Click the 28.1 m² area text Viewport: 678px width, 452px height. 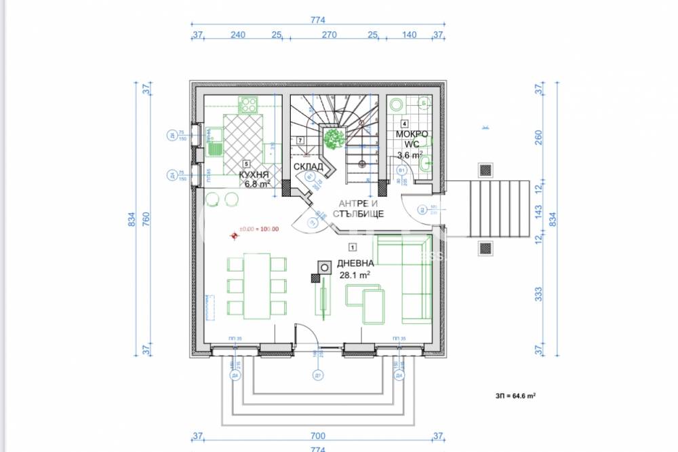pyautogui.click(x=355, y=276)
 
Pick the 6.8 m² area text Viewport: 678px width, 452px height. pyautogui.click(x=257, y=183)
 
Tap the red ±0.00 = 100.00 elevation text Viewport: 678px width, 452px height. pyautogui.click(x=258, y=229)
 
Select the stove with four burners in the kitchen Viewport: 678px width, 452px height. pyautogui.click(x=247, y=105)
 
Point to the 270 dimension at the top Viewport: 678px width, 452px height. pyautogui.click(x=328, y=35)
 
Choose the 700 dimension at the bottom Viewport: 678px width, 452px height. pyautogui.click(x=318, y=436)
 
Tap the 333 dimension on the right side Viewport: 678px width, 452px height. pyautogui.click(x=539, y=293)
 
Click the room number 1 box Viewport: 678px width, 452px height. pyautogui.click(x=353, y=248)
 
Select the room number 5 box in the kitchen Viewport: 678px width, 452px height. pyautogui.click(x=247, y=164)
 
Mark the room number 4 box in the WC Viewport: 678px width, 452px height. pyautogui.click(x=404, y=124)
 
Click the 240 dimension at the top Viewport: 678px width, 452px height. pyautogui.click(x=237, y=35)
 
